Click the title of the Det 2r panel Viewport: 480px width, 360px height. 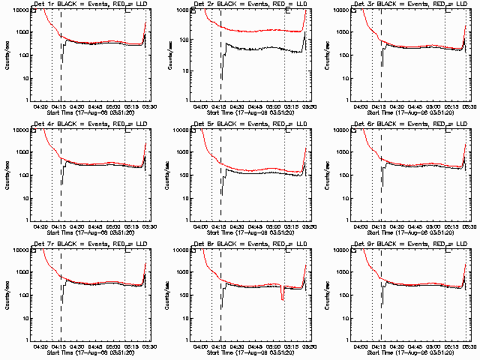click(247, 4)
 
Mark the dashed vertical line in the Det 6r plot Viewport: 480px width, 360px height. click(381, 172)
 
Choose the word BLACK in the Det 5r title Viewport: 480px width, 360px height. click(227, 124)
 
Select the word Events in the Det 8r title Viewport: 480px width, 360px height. click(259, 244)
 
